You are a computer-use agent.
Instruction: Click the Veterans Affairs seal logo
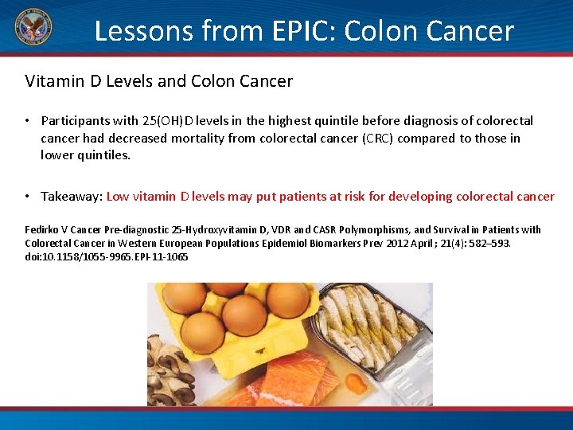33,29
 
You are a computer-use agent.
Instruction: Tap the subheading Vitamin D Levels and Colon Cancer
158,81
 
